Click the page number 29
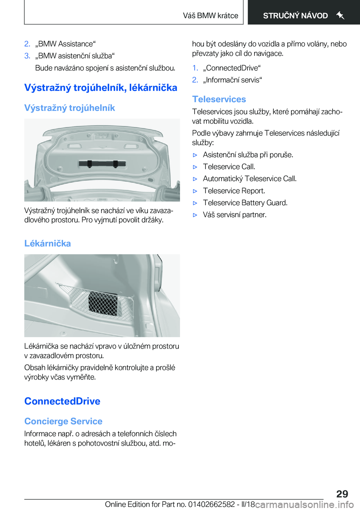pos(342,494)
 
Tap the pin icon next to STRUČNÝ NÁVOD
pos(340,15)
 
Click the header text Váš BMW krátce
pos(210,16)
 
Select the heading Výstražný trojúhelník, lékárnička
pos(100,88)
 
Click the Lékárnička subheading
pos(48,243)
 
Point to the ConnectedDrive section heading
pos(62,401)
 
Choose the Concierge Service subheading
pos(63,421)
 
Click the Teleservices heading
pos(219,99)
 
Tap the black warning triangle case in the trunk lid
pos(102,164)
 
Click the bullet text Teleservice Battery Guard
pos(245,203)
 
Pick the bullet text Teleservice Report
pos(234,191)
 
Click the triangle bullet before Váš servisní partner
pos(195,215)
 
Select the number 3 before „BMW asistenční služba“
pos(27,56)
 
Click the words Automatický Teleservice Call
pos(249,179)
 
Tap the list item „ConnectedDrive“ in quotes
pos(232,68)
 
